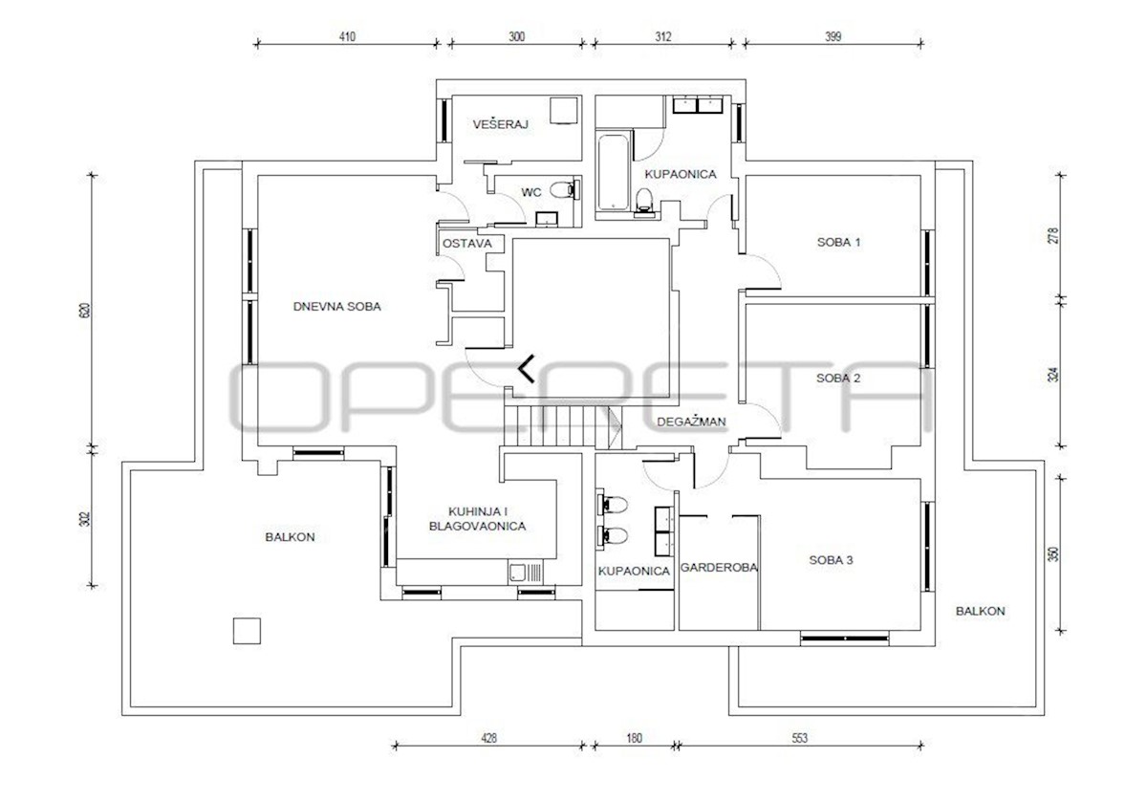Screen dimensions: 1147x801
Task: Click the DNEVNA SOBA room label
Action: click(x=336, y=307)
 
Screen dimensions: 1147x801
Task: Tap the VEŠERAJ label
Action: click(x=500, y=124)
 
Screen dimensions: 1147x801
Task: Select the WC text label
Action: click(x=531, y=192)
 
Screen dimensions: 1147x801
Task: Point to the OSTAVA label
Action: click(x=467, y=244)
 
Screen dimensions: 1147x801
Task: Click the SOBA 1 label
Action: click(x=839, y=242)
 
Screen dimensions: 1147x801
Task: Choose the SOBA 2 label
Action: click(x=838, y=379)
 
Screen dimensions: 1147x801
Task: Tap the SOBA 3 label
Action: click(x=831, y=560)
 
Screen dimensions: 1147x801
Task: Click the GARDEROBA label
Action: click(x=719, y=568)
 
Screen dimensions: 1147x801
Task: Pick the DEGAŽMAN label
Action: click(x=691, y=422)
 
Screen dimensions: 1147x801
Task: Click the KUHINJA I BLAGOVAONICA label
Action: click(x=477, y=519)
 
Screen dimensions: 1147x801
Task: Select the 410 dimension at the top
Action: click(x=347, y=37)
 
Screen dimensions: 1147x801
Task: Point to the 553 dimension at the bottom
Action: click(x=799, y=738)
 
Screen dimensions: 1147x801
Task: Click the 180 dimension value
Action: click(x=634, y=738)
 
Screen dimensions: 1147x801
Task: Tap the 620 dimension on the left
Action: click(x=85, y=311)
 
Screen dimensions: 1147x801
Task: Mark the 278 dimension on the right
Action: click(x=1052, y=235)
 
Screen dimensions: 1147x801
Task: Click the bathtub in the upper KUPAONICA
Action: click(x=613, y=171)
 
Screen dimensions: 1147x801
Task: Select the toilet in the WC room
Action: click(x=565, y=189)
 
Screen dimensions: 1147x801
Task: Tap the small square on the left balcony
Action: click(x=247, y=631)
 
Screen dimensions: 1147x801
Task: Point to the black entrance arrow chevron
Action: click(x=526, y=369)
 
